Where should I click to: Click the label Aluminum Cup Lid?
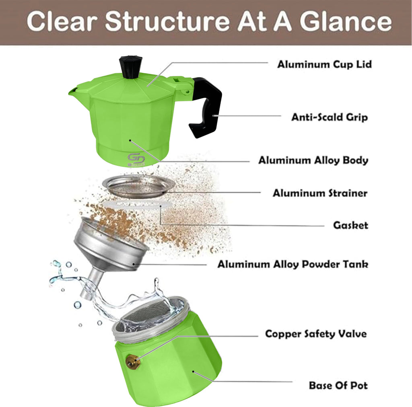(x=324, y=64)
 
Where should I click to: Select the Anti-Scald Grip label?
(x=329, y=117)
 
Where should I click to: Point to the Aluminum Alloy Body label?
(x=313, y=160)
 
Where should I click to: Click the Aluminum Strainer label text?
(x=320, y=193)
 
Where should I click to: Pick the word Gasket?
(x=350, y=225)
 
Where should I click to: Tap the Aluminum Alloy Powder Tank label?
(x=293, y=265)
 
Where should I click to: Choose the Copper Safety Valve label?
(x=316, y=334)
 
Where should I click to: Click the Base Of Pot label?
(x=338, y=385)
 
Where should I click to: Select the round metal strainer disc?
(x=139, y=186)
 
